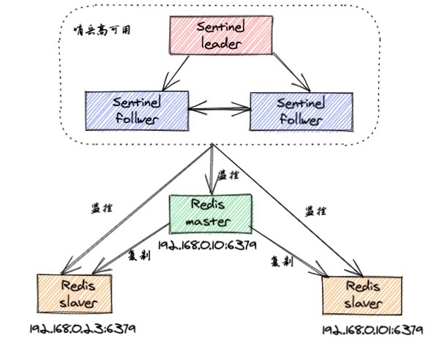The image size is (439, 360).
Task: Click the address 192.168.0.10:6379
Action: [x=209, y=246]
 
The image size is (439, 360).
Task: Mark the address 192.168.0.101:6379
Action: [x=372, y=330]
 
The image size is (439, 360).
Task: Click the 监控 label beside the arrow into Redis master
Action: [x=233, y=176]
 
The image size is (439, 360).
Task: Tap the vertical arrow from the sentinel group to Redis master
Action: [x=212, y=168]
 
